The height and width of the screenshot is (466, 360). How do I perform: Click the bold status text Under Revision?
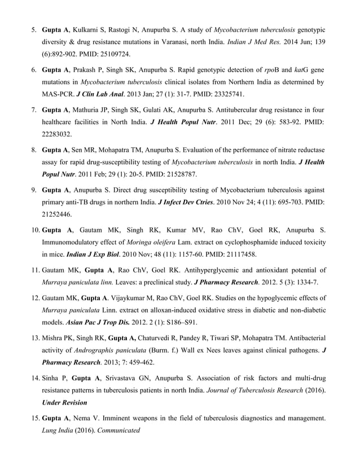pos(67,401)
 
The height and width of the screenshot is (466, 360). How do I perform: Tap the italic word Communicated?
pos(116,428)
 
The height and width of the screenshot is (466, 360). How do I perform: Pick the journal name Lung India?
pos(58,428)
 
